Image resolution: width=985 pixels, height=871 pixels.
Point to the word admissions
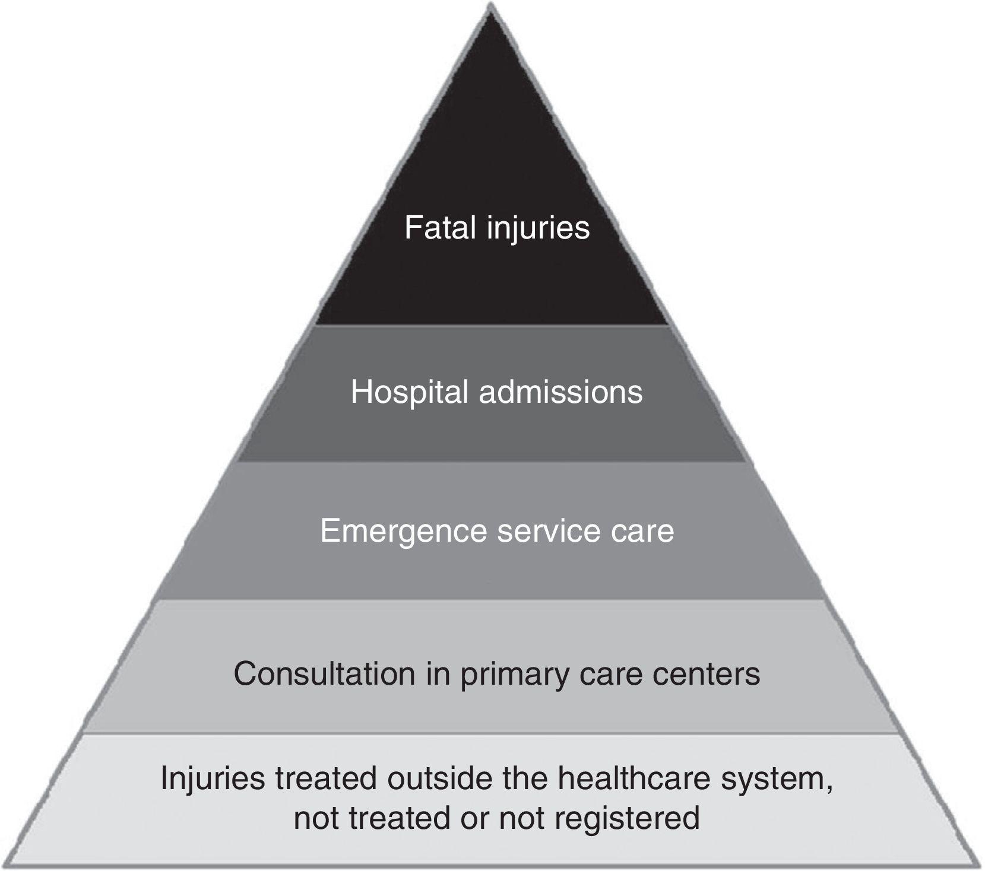pyautogui.click(x=560, y=392)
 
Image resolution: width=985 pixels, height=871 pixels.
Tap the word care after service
pyautogui.click(x=643, y=530)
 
